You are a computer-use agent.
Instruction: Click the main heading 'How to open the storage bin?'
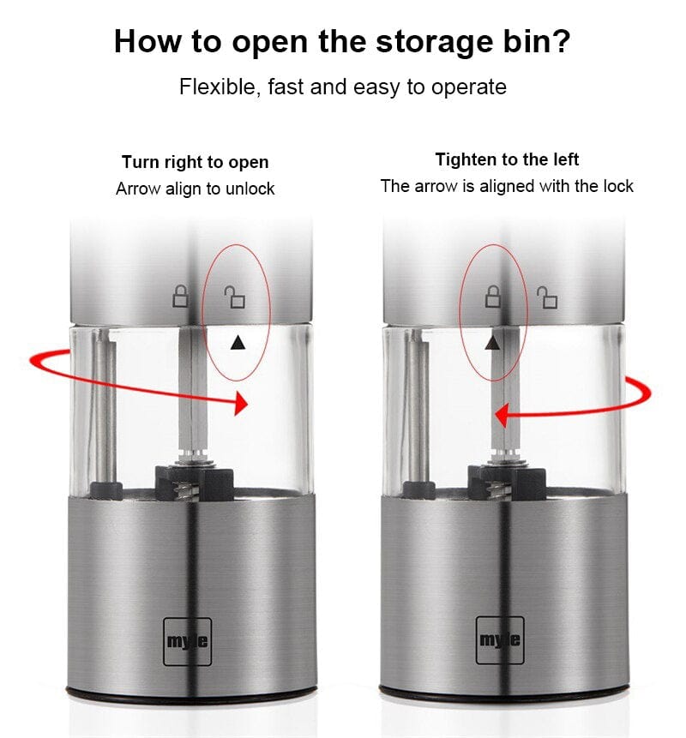(342, 42)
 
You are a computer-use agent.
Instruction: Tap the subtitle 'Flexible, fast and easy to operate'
(343, 87)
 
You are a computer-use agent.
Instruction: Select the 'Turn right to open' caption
(195, 162)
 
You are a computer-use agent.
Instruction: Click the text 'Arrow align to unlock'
(195, 189)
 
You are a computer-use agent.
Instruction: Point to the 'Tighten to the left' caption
(507, 159)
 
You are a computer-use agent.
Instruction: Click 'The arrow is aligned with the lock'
(507, 186)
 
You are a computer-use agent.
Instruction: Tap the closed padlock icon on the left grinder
(180, 297)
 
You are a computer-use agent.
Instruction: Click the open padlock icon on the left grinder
(234, 297)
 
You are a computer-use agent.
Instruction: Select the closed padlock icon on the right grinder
(492, 296)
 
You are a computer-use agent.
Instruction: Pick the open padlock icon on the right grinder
(547, 297)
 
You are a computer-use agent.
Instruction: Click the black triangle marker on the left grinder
(238, 343)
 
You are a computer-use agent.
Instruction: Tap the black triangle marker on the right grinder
(492, 343)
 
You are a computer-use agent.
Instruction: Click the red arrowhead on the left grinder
(241, 403)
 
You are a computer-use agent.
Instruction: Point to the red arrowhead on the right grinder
(501, 415)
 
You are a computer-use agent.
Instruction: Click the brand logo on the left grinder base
(188, 641)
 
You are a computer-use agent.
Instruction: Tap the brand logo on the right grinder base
(500, 640)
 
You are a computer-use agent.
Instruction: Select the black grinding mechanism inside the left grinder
(195, 483)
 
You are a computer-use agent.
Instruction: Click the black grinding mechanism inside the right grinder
(507, 482)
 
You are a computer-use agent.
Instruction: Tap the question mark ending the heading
(560, 40)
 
